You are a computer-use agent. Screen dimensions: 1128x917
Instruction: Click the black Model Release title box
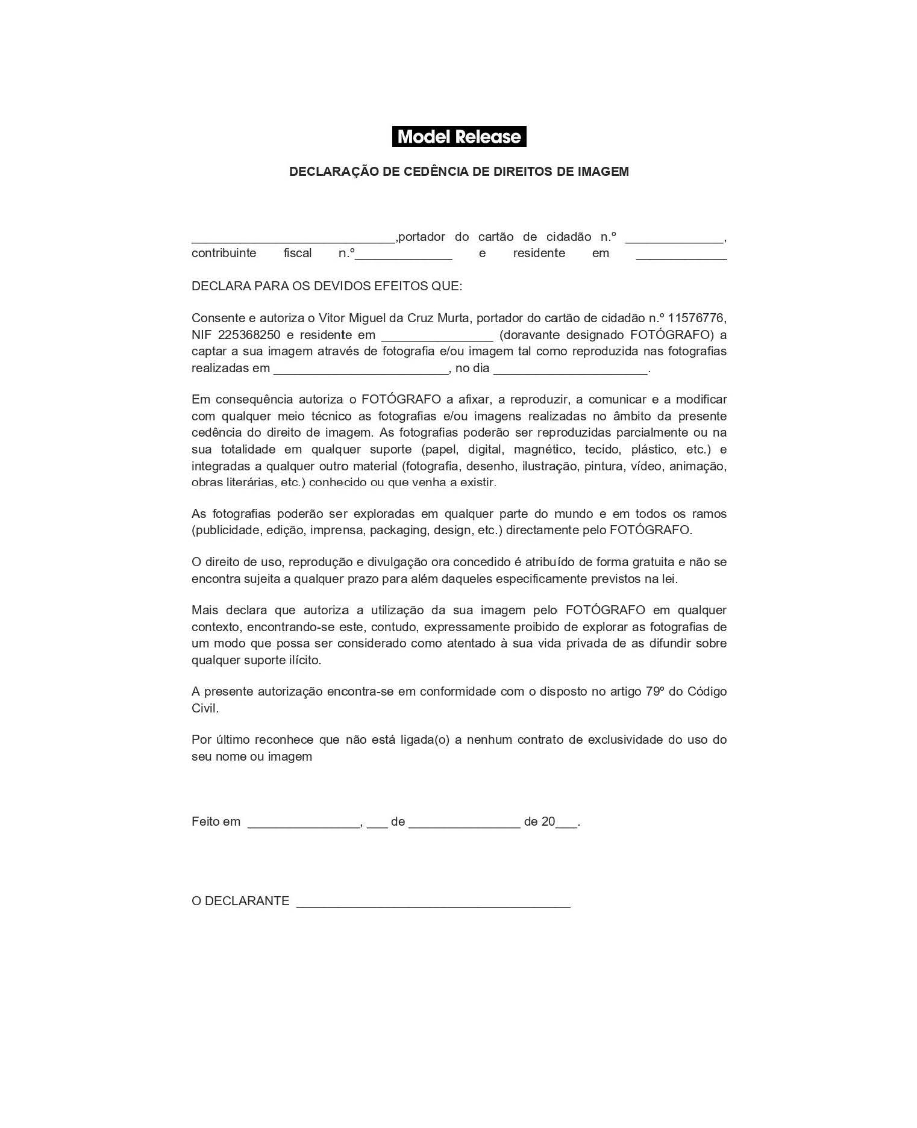coord(458,137)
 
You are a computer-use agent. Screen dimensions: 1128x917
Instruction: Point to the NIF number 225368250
coord(249,335)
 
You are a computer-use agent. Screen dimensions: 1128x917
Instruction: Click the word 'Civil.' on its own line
coord(205,708)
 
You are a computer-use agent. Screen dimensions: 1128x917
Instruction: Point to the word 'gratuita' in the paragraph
coord(653,562)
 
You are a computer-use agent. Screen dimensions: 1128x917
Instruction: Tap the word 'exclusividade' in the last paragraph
coord(625,740)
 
